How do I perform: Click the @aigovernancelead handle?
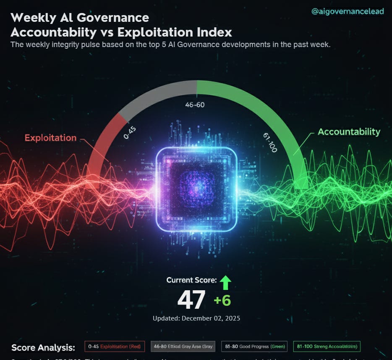point(347,11)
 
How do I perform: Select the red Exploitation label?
point(50,138)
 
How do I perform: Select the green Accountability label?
point(349,131)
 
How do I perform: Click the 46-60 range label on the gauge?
point(195,105)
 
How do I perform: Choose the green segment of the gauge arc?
point(269,109)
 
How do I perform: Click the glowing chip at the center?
point(196,190)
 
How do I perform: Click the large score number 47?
point(191,300)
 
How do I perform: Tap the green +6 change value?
point(222,301)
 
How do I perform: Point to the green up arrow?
point(225,283)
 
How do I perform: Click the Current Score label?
point(191,280)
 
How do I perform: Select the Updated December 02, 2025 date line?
point(196,318)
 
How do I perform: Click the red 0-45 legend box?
point(115,347)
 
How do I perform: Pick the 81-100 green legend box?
point(327,347)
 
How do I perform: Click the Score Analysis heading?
point(43,348)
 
